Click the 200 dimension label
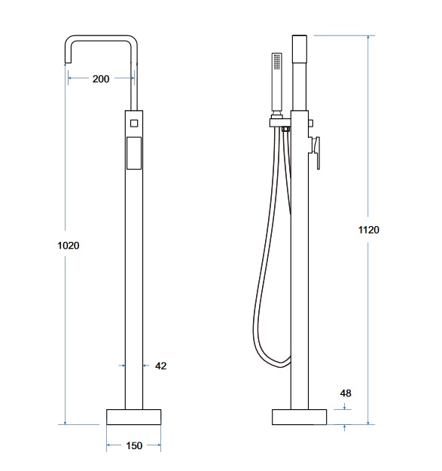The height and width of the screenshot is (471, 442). [x=101, y=79]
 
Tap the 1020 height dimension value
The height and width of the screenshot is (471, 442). [x=69, y=246]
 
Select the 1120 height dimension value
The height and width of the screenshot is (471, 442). [x=369, y=230]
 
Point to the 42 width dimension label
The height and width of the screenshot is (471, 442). [x=161, y=365]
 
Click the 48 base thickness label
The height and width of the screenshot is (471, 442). [x=346, y=393]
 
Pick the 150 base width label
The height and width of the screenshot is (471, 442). [x=134, y=446]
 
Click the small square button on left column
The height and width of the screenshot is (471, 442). [x=134, y=123]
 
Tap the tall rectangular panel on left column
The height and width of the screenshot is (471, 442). [x=134, y=153]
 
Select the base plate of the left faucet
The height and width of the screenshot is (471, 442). [x=134, y=417]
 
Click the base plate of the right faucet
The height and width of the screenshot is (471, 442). [x=299, y=417]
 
